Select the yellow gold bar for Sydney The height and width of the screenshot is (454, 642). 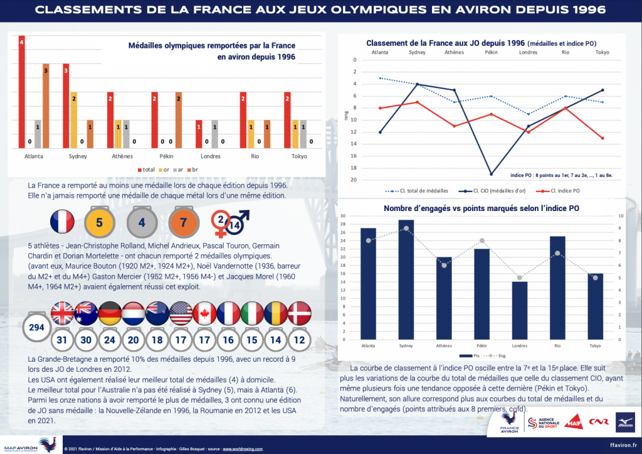point(74,120)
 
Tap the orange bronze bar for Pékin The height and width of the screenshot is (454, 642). point(179,120)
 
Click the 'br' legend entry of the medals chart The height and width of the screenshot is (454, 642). point(199,170)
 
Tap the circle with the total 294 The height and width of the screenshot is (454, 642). point(36,328)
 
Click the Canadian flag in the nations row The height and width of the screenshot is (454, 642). point(204,313)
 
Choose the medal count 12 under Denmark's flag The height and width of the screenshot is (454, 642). point(299,340)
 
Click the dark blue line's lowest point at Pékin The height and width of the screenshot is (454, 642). point(492,174)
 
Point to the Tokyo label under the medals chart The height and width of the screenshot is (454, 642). point(292,156)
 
